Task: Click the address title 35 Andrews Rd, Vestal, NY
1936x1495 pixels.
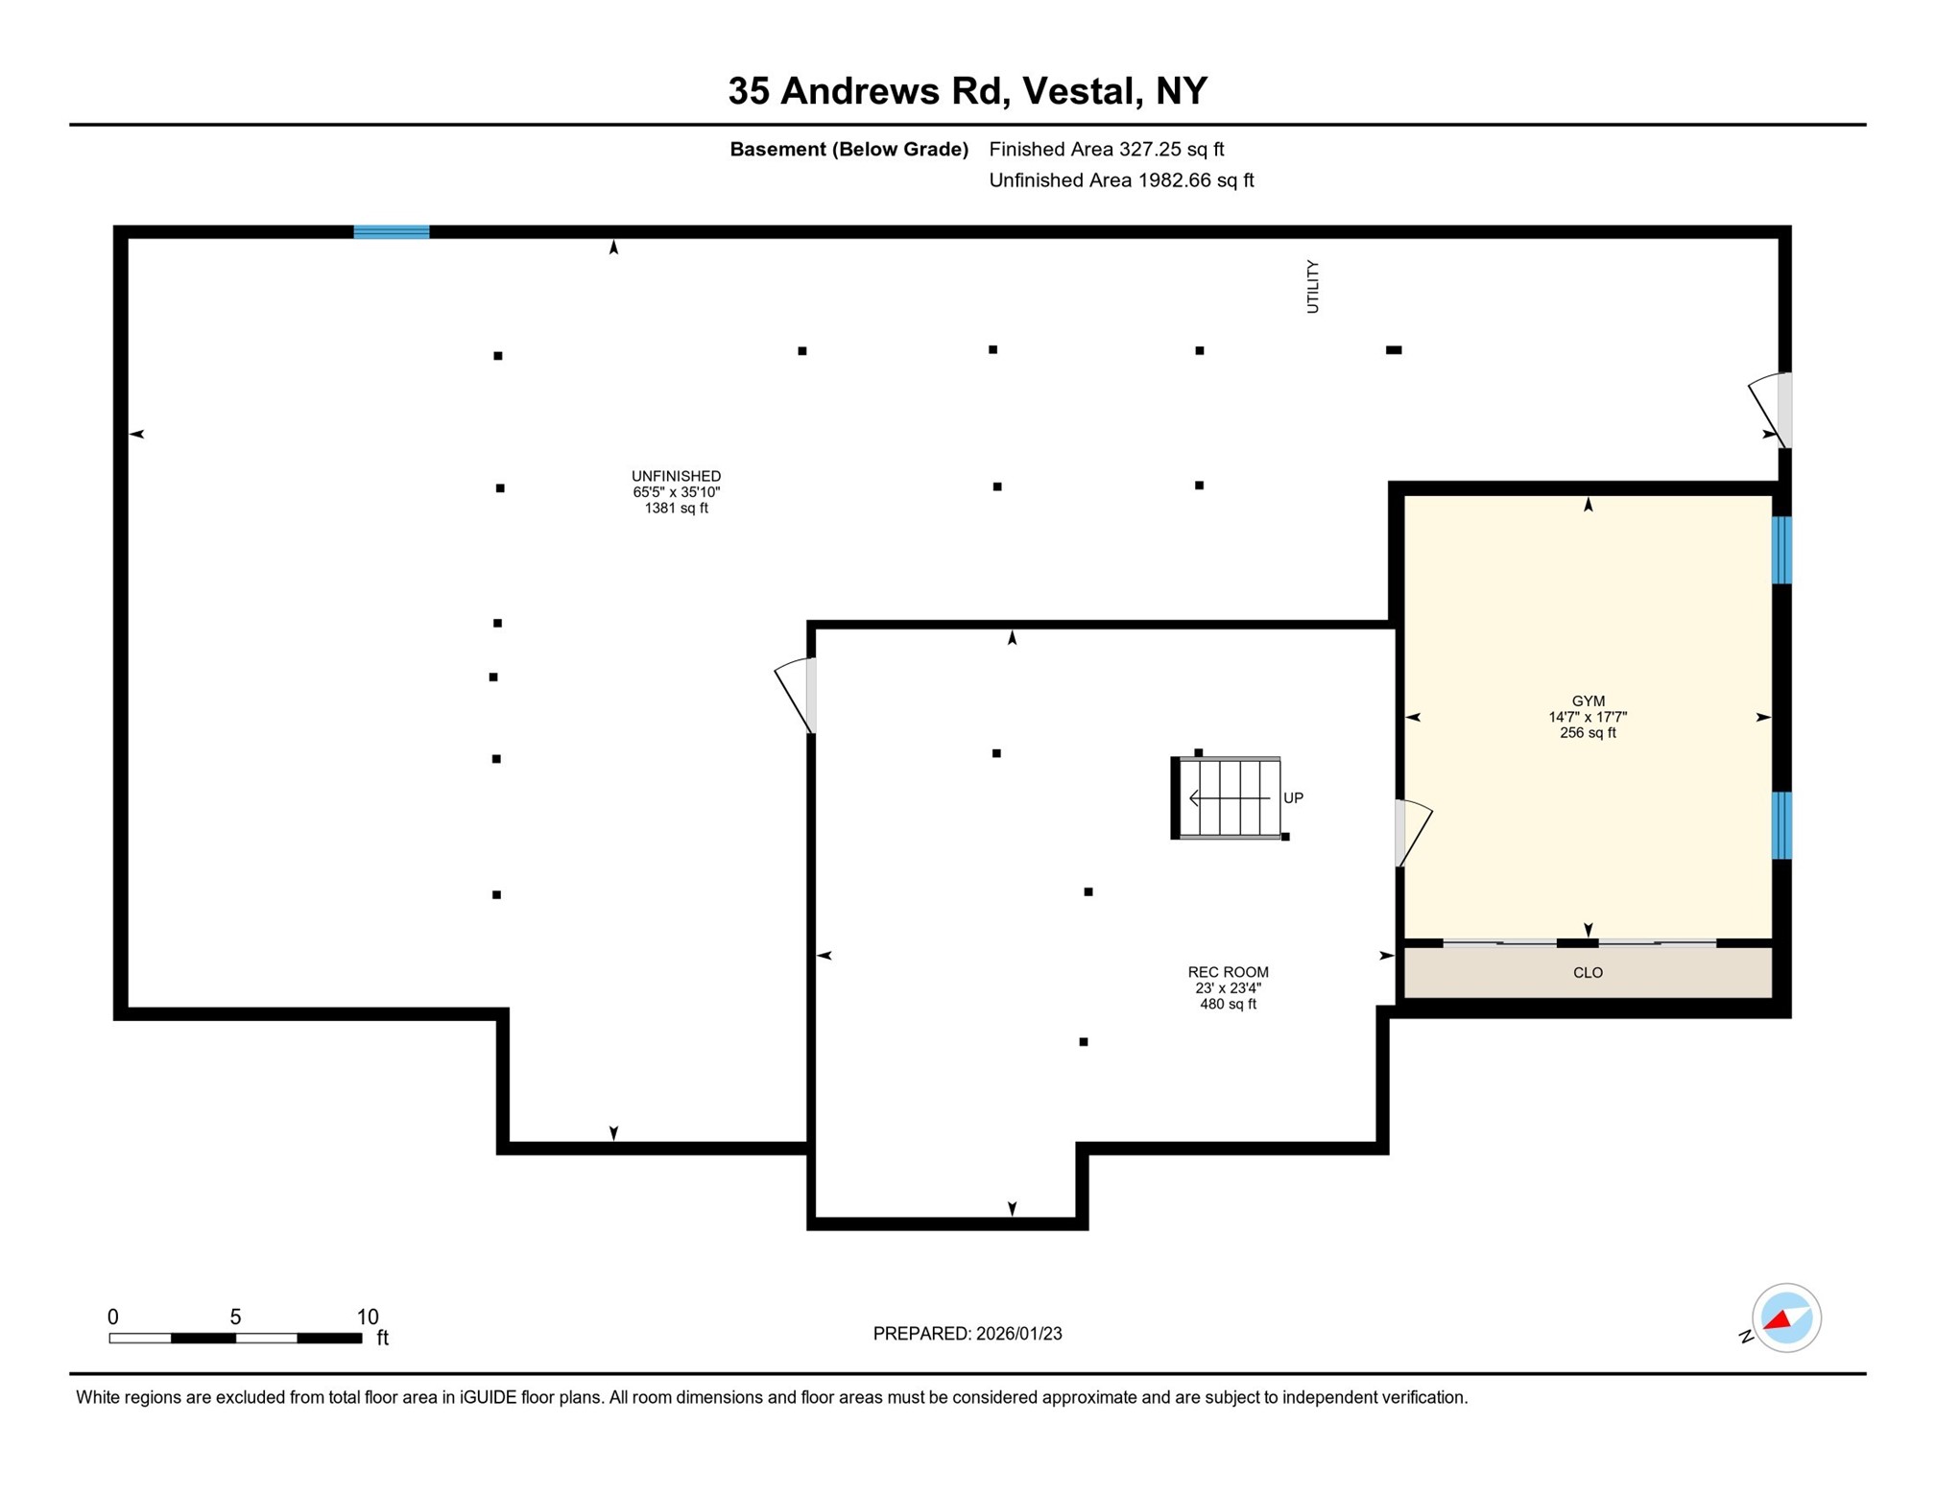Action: point(967,91)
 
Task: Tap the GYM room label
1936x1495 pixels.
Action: point(1587,700)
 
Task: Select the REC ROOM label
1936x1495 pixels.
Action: point(1227,972)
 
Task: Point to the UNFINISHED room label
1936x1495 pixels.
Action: point(676,476)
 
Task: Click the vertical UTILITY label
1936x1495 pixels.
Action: point(1312,286)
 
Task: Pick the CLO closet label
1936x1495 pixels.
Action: point(1587,972)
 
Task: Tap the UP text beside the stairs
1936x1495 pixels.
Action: point(1292,797)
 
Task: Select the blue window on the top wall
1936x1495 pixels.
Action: point(391,231)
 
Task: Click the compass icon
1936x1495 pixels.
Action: point(1784,1317)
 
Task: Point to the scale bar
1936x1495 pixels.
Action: point(235,1337)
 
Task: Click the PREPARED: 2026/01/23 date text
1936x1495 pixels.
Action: point(967,1333)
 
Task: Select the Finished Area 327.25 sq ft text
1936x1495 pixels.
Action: point(1106,149)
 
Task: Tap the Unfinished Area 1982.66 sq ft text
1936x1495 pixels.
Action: point(1120,180)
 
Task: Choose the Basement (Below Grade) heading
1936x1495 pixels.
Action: point(848,149)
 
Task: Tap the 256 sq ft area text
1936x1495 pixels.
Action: point(1587,733)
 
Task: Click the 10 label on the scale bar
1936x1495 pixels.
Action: point(368,1316)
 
